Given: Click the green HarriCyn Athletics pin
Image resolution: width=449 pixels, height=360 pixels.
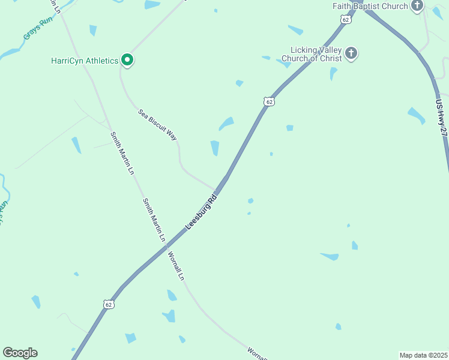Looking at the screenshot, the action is point(127,59).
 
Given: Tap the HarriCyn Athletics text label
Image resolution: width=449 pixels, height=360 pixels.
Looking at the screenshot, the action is point(84,61).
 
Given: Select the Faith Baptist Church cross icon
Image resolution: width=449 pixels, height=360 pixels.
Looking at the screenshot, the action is point(418,6).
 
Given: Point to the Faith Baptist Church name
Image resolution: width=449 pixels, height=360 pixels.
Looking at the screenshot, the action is point(371,6).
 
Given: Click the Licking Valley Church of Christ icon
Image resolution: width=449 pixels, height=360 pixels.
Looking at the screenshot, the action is point(351,54).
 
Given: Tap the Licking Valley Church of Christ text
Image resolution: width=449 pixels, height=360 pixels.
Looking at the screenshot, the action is point(316,54).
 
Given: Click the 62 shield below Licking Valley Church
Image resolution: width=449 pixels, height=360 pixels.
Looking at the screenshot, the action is point(269,101).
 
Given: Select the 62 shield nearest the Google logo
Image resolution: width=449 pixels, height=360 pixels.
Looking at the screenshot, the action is point(108,304).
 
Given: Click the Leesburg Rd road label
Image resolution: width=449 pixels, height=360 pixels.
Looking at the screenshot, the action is point(200,211).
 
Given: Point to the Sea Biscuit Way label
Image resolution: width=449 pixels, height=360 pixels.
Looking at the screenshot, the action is point(158,124).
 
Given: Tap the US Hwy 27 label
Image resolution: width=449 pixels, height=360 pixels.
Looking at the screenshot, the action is point(441,117).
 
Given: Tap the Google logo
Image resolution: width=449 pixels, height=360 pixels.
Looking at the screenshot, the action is point(20,353).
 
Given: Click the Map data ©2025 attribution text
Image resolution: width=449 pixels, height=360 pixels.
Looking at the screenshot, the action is point(423,355).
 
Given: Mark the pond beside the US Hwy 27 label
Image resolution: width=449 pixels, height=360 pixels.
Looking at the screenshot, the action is point(416,115).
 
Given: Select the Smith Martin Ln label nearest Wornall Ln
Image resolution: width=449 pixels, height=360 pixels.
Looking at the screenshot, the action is point(154,220).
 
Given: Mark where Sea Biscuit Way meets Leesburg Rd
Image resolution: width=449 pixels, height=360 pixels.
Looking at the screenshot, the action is point(217,190).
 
